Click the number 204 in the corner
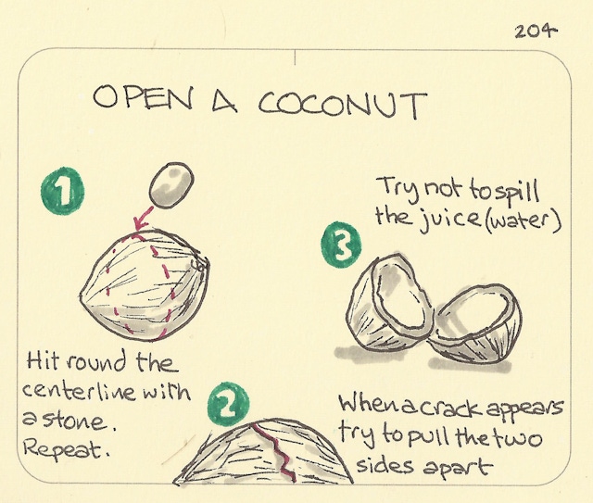536,31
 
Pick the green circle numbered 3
339,246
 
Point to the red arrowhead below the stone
139,222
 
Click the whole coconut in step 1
144,283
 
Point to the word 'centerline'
82,393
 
